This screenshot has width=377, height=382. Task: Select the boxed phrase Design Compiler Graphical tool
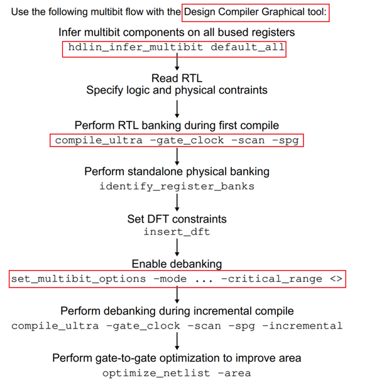(x=256, y=13)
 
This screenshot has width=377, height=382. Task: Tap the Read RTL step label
(x=177, y=78)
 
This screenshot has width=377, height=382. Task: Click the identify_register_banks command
(x=177, y=186)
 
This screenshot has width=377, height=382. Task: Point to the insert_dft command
(x=177, y=232)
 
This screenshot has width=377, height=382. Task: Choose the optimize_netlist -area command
(x=177, y=373)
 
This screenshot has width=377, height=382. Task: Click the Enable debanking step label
(x=177, y=264)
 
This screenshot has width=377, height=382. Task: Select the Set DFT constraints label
(x=177, y=219)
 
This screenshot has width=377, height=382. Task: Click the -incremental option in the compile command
(x=302, y=325)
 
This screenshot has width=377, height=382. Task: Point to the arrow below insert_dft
(x=177, y=247)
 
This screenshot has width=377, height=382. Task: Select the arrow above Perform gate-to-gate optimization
(x=177, y=340)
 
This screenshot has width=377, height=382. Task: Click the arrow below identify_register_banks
(x=177, y=202)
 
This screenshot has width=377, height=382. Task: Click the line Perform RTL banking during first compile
(x=177, y=125)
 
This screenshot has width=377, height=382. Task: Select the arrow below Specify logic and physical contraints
(x=177, y=107)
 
